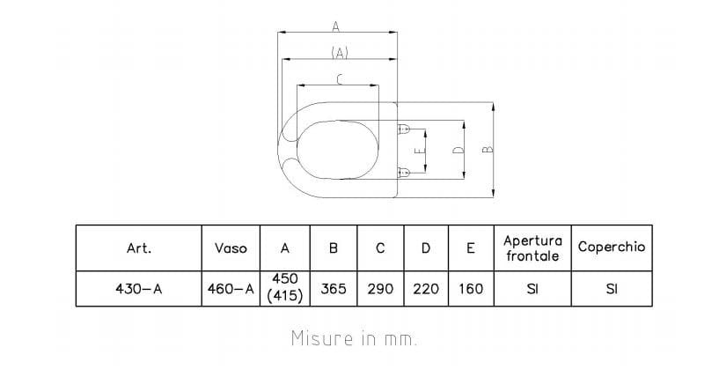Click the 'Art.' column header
pos(139,248)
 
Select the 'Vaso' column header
pos(231,248)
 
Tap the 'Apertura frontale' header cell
pos(532,248)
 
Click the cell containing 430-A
pos(139,289)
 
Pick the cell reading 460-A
pos(231,289)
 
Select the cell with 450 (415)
pos(285,288)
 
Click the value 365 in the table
pos(334,289)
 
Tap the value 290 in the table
pos(380,289)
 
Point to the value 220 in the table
pos(426,289)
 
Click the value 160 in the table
pos(471,289)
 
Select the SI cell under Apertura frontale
pos(532,289)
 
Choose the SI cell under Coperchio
pos(612,289)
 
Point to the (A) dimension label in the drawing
pos(340,53)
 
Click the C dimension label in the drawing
pos(340,80)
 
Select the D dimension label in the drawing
pos(458,151)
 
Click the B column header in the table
pos(334,248)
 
